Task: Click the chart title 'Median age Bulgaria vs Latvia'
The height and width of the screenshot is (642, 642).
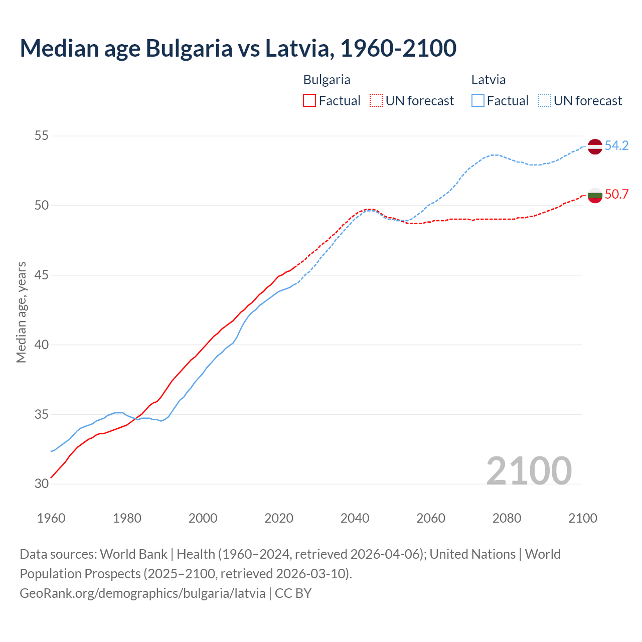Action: point(238,48)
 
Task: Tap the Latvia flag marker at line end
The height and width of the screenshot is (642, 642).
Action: point(595,146)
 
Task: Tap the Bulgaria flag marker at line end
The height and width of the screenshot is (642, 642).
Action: point(595,195)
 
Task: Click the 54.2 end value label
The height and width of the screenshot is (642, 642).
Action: point(616,146)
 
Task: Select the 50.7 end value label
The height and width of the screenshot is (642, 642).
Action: point(616,194)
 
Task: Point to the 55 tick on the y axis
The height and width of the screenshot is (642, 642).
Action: point(42,136)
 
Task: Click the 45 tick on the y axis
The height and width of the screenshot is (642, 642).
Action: point(42,275)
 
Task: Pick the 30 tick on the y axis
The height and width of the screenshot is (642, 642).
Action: point(42,484)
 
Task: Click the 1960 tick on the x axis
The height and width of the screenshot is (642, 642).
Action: point(51,518)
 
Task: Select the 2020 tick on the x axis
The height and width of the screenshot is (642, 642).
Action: point(279,518)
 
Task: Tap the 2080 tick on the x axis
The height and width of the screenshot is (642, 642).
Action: point(507,518)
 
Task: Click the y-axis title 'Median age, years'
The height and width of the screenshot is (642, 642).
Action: point(21,312)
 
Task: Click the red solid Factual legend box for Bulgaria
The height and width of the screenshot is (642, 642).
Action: point(309,101)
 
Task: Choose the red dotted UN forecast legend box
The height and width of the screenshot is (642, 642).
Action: point(376,101)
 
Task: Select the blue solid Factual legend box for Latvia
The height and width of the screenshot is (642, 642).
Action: point(478,101)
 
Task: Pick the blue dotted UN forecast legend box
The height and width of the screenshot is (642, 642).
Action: point(544,101)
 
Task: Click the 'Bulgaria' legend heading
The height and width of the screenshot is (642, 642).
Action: point(327,80)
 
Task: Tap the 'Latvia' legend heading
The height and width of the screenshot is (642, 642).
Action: point(488,80)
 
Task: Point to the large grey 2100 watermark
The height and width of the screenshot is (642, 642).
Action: point(529,471)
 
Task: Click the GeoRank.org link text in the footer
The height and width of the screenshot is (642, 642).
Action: point(142,593)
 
